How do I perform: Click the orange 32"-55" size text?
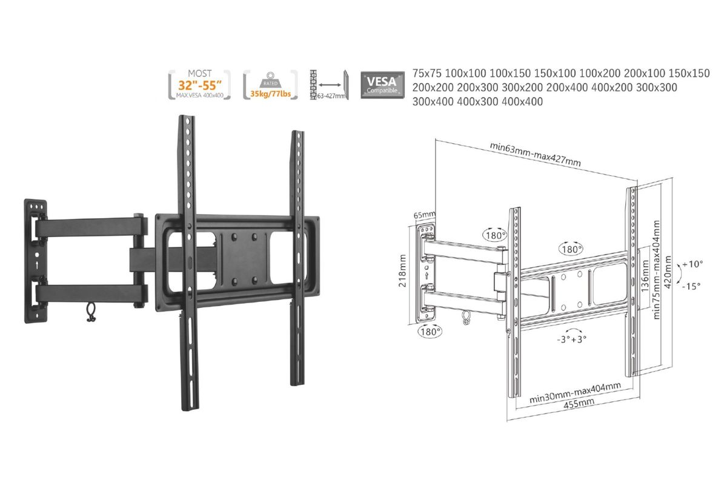[x=200, y=85]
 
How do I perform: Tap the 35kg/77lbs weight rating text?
[x=270, y=94]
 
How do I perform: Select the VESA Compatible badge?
[x=382, y=85]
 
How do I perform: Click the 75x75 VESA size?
[x=427, y=73]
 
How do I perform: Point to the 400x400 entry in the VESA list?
[x=522, y=102]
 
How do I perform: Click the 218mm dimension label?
[x=402, y=270]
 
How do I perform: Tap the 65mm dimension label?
[x=424, y=215]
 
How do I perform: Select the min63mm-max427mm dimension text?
[x=535, y=155]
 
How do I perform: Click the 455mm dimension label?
[x=579, y=404]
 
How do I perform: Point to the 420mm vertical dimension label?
[x=668, y=272]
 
